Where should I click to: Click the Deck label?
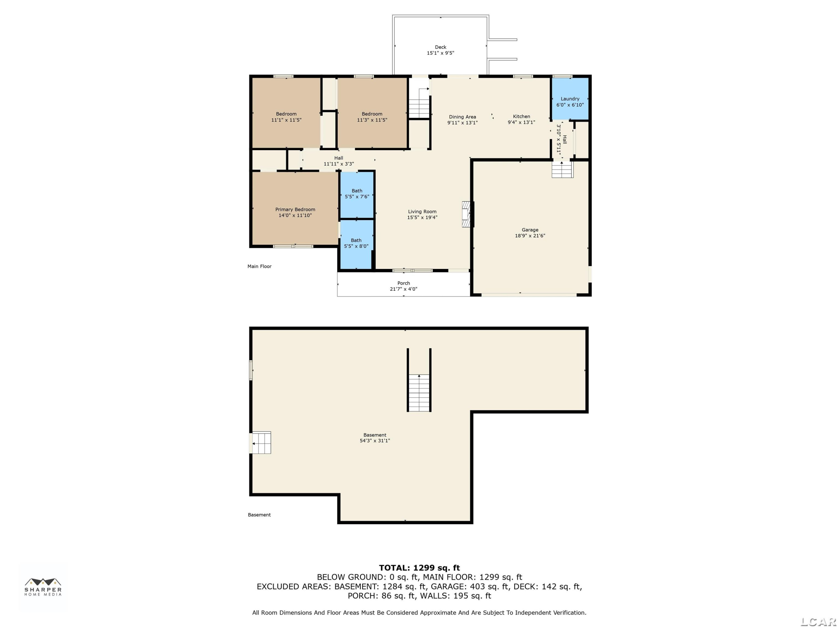click(x=440, y=47)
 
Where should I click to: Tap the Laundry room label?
click(x=570, y=99)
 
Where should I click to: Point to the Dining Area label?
click(x=462, y=117)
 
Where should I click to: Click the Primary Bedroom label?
click(x=295, y=210)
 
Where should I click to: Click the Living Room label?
click(x=422, y=211)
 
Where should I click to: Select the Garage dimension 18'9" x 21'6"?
click(x=530, y=236)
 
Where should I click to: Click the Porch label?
click(x=404, y=283)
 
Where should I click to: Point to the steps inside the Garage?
click(x=562, y=169)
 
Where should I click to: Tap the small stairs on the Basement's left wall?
click(x=261, y=442)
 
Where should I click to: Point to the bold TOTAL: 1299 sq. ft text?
click(x=419, y=568)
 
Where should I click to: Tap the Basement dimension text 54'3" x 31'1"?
click(x=375, y=441)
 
